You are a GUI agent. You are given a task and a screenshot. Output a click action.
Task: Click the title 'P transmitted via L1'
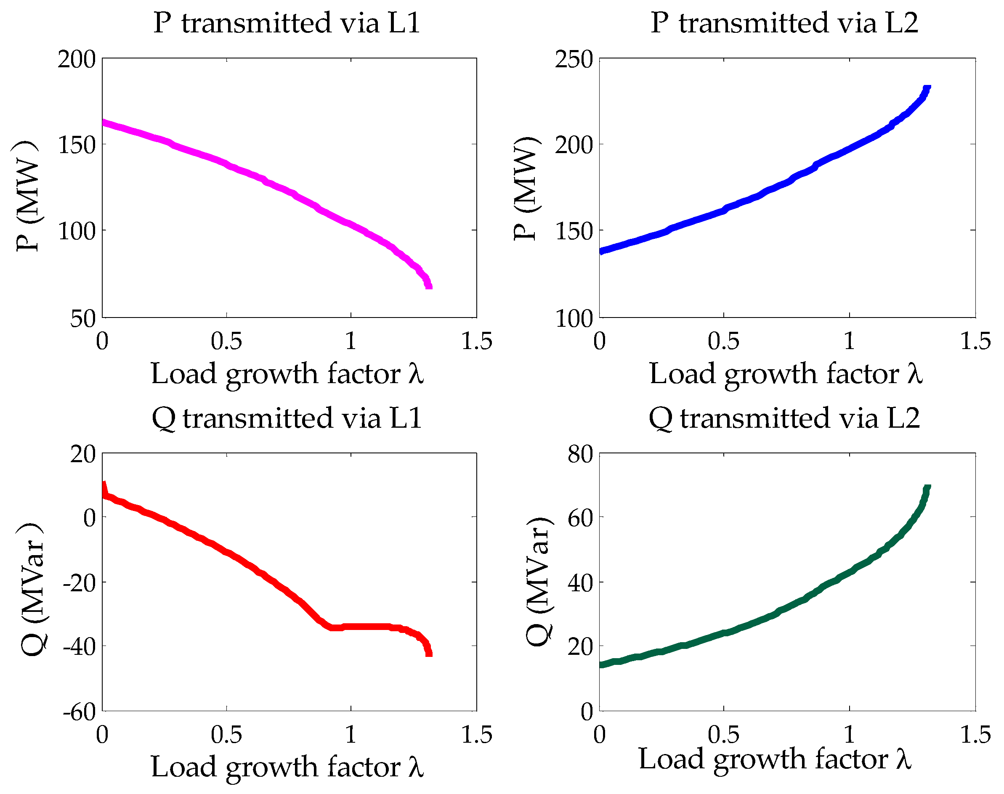click(287, 23)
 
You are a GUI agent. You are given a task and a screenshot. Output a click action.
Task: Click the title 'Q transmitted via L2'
click(784, 418)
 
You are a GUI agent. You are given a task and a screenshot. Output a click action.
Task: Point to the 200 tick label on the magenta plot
click(76, 60)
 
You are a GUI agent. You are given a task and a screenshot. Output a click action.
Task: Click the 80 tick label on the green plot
click(579, 454)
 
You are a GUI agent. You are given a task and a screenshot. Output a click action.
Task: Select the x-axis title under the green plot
click(775, 759)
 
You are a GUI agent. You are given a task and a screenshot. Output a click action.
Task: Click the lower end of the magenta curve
click(429, 286)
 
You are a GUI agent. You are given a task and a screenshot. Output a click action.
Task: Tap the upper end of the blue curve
click(927, 88)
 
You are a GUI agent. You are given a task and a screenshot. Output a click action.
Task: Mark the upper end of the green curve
click(927, 488)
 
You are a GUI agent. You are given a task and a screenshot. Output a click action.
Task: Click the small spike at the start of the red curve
click(104, 486)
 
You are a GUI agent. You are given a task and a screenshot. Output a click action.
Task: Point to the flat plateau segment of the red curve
click(367, 627)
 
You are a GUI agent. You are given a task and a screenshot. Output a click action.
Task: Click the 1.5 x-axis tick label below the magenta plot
click(476, 341)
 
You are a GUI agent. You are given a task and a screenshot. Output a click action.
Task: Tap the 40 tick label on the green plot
click(579, 582)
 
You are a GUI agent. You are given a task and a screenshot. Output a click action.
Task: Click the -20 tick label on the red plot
click(79, 582)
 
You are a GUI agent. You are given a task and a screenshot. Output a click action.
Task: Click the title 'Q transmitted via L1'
click(287, 418)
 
